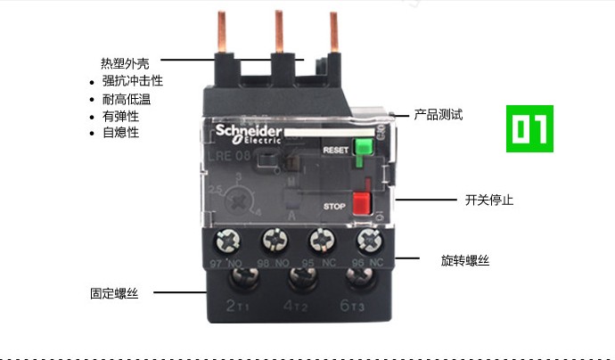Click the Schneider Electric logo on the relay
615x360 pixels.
tap(250, 135)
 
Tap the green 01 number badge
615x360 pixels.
tap(529, 128)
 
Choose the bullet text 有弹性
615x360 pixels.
tap(120, 116)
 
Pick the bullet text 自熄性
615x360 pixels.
tap(120, 133)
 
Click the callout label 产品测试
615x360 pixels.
tap(439, 115)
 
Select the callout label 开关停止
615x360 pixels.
tap(488, 200)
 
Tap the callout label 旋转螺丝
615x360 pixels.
tap(464, 260)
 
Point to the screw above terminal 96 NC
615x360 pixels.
tap(366, 241)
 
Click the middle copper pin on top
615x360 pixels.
tap(278, 36)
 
